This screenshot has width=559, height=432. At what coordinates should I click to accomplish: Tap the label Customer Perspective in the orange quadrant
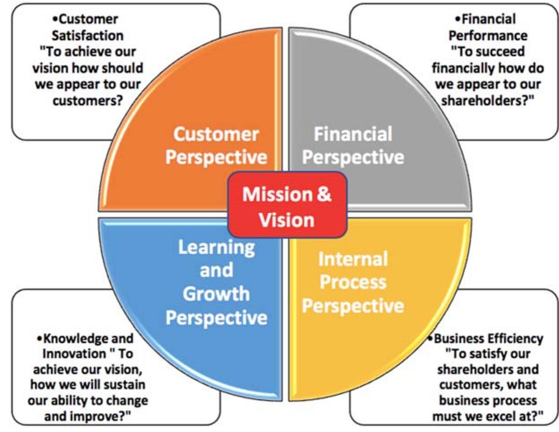point(216,146)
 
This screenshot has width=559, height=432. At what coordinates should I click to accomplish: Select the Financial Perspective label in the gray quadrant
point(353,146)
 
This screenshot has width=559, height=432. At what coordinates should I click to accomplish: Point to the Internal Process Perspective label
point(353,282)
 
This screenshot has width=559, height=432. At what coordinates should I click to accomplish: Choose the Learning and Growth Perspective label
point(216,282)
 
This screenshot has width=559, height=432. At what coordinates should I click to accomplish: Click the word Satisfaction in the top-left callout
point(88,36)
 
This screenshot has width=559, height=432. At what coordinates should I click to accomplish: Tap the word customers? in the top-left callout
point(88,101)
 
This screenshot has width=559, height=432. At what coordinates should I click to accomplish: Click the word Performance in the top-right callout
point(488,36)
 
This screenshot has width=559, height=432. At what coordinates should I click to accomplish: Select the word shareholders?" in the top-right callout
point(488,101)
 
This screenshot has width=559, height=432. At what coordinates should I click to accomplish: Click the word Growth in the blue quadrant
point(216,294)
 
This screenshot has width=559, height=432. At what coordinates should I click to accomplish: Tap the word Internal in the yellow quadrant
point(353,259)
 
